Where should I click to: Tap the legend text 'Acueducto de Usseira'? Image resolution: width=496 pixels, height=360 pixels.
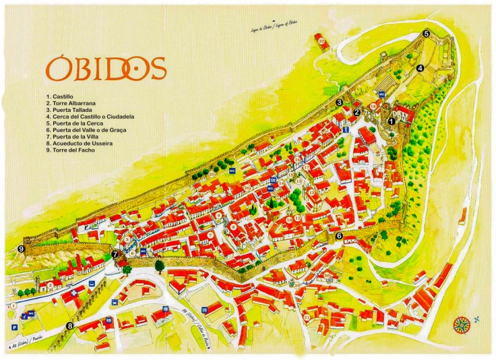click(x=80, y=143)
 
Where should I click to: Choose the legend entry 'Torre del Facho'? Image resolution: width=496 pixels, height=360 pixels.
click(x=73, y=150)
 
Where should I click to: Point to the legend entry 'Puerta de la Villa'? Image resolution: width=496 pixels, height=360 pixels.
click(x=76, y=136)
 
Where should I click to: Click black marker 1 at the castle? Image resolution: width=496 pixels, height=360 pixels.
click(x=392, y=121)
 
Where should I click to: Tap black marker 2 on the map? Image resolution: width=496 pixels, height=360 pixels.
click(x=357, y=113)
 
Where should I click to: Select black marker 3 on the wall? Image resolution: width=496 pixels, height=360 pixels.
click(x=339, y=102)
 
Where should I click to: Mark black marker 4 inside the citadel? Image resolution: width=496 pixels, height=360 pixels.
click(x=420, y=67)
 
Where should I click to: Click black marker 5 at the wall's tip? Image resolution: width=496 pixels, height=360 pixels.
click(x=426, y=33)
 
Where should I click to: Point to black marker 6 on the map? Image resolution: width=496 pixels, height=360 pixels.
click(x=339, y=236)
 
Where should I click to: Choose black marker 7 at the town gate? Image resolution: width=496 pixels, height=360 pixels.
click(x=115, y=255)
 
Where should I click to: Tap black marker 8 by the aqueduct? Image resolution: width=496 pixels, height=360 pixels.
click(x=69, y=326)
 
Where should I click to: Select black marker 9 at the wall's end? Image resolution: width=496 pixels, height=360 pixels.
click(x=22, y=249)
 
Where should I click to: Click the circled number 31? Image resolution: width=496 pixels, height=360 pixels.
click(x=307, y=317)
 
